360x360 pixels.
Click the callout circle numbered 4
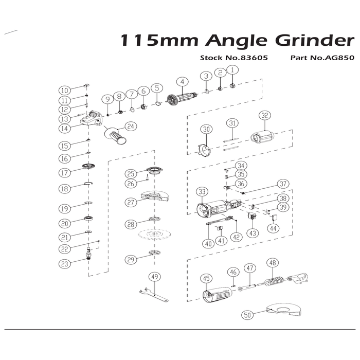coord(182,82)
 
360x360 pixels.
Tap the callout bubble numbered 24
coord(131,127)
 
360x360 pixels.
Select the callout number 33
coord(202,191)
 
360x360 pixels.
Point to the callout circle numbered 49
coord(154,277)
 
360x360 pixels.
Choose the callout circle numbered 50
coord(247,315)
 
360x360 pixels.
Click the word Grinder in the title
coord(314,41)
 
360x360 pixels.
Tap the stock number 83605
coord(254,58)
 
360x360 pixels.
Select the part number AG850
coord(339,58)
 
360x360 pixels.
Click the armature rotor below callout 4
coord(182,99)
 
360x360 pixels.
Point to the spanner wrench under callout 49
coord(153,295)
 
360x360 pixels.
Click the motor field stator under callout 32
coord(262,137)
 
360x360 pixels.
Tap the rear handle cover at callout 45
coord(217,295)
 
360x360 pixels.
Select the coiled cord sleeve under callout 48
coord(274,281)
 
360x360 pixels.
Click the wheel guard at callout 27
coord(155,196)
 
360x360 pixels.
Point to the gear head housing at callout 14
coord(91,119)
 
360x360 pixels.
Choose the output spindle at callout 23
coord(89,253)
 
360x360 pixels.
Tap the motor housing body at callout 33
coord(218,208)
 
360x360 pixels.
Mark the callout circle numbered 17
coord(64,173)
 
